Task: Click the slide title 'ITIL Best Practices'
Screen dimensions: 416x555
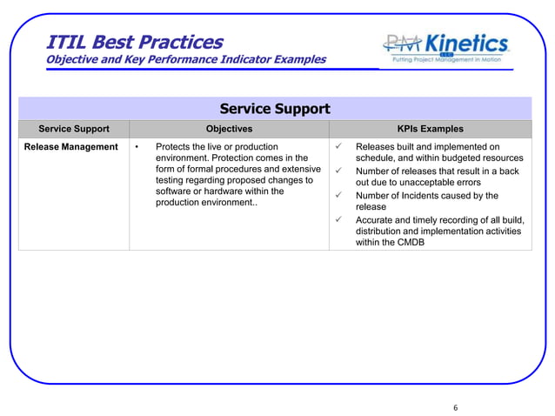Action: [x=134, y=41]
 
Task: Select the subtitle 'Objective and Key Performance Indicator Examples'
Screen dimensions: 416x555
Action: [x=185, y=60]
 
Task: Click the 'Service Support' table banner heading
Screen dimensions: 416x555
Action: [x=274, y=109]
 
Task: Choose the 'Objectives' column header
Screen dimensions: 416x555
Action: [x=229, y=129]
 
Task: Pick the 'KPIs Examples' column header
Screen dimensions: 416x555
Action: [x=430, y=129]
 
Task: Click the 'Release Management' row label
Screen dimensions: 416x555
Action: [x=70, y=147]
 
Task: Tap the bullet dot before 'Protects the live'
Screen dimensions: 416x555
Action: [x=137, y=147]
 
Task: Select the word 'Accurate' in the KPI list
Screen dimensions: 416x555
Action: [x=376, y=220]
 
